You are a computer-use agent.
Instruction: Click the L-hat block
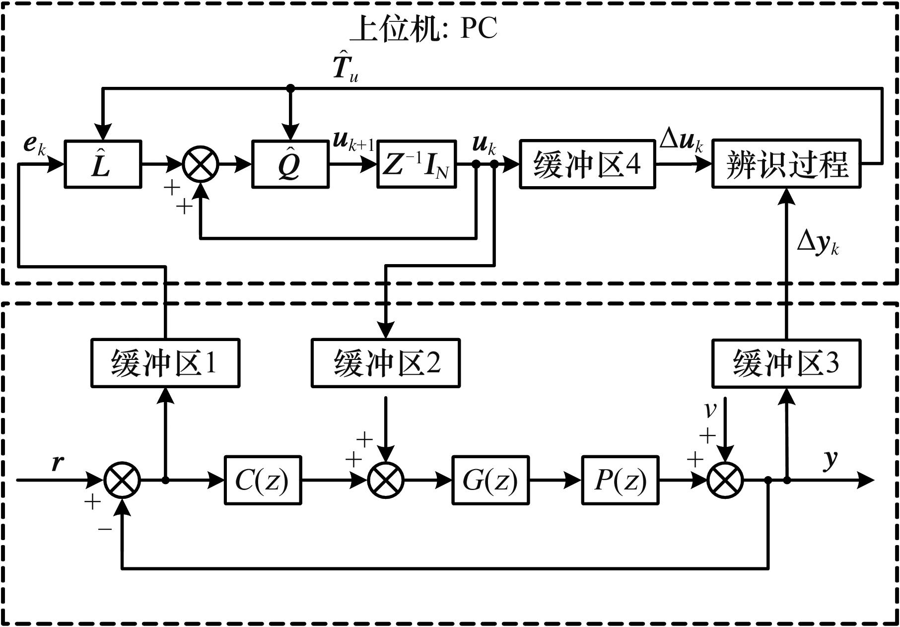click(103, 164)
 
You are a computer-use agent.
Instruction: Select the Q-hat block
click(290, 164)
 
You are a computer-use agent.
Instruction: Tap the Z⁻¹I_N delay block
click(416, 164)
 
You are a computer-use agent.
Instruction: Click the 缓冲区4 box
click(587, 164)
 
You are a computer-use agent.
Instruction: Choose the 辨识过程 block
click(786, 164)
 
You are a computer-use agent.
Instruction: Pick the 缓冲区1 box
click(165, 363)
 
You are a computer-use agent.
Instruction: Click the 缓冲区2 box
click(386, 363)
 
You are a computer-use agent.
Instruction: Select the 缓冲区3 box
click(786, 363)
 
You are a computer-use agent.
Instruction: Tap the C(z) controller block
click(263, 480)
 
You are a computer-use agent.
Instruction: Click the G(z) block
click(490, 480)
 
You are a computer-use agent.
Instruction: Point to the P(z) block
click(621, 480)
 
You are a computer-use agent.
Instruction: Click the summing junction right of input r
click(123, 480)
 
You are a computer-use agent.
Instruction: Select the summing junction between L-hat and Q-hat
click(201, 164)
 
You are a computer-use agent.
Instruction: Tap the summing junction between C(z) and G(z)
click(386, 480)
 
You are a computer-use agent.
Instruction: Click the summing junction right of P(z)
click(725, 480)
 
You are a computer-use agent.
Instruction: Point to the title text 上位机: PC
click(423, 29)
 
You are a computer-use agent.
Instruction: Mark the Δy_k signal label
click(817, 243)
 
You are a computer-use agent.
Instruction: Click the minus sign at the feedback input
click(105, 529)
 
